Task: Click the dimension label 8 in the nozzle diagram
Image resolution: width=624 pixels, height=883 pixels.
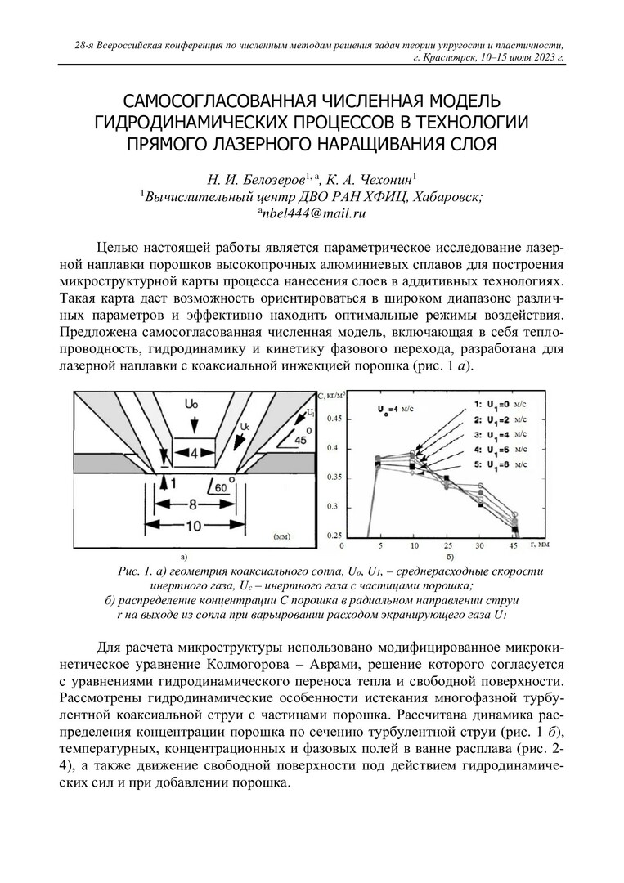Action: pyautogui.click(x=194, y=504)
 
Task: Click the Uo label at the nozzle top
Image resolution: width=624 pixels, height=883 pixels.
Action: pyautogui.click(x=192, y=404)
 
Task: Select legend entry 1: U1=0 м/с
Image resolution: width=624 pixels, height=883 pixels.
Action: pyautogui.click(x=499, y=404)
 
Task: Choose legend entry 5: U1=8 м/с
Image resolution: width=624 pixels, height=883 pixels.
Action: pyautogui.click(x=499, y=465)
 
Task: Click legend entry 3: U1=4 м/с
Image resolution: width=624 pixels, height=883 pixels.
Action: pyautogui.click(x=499, y=435)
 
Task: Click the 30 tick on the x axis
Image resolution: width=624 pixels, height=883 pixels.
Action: pyautogui.click(x=478, y=545)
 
